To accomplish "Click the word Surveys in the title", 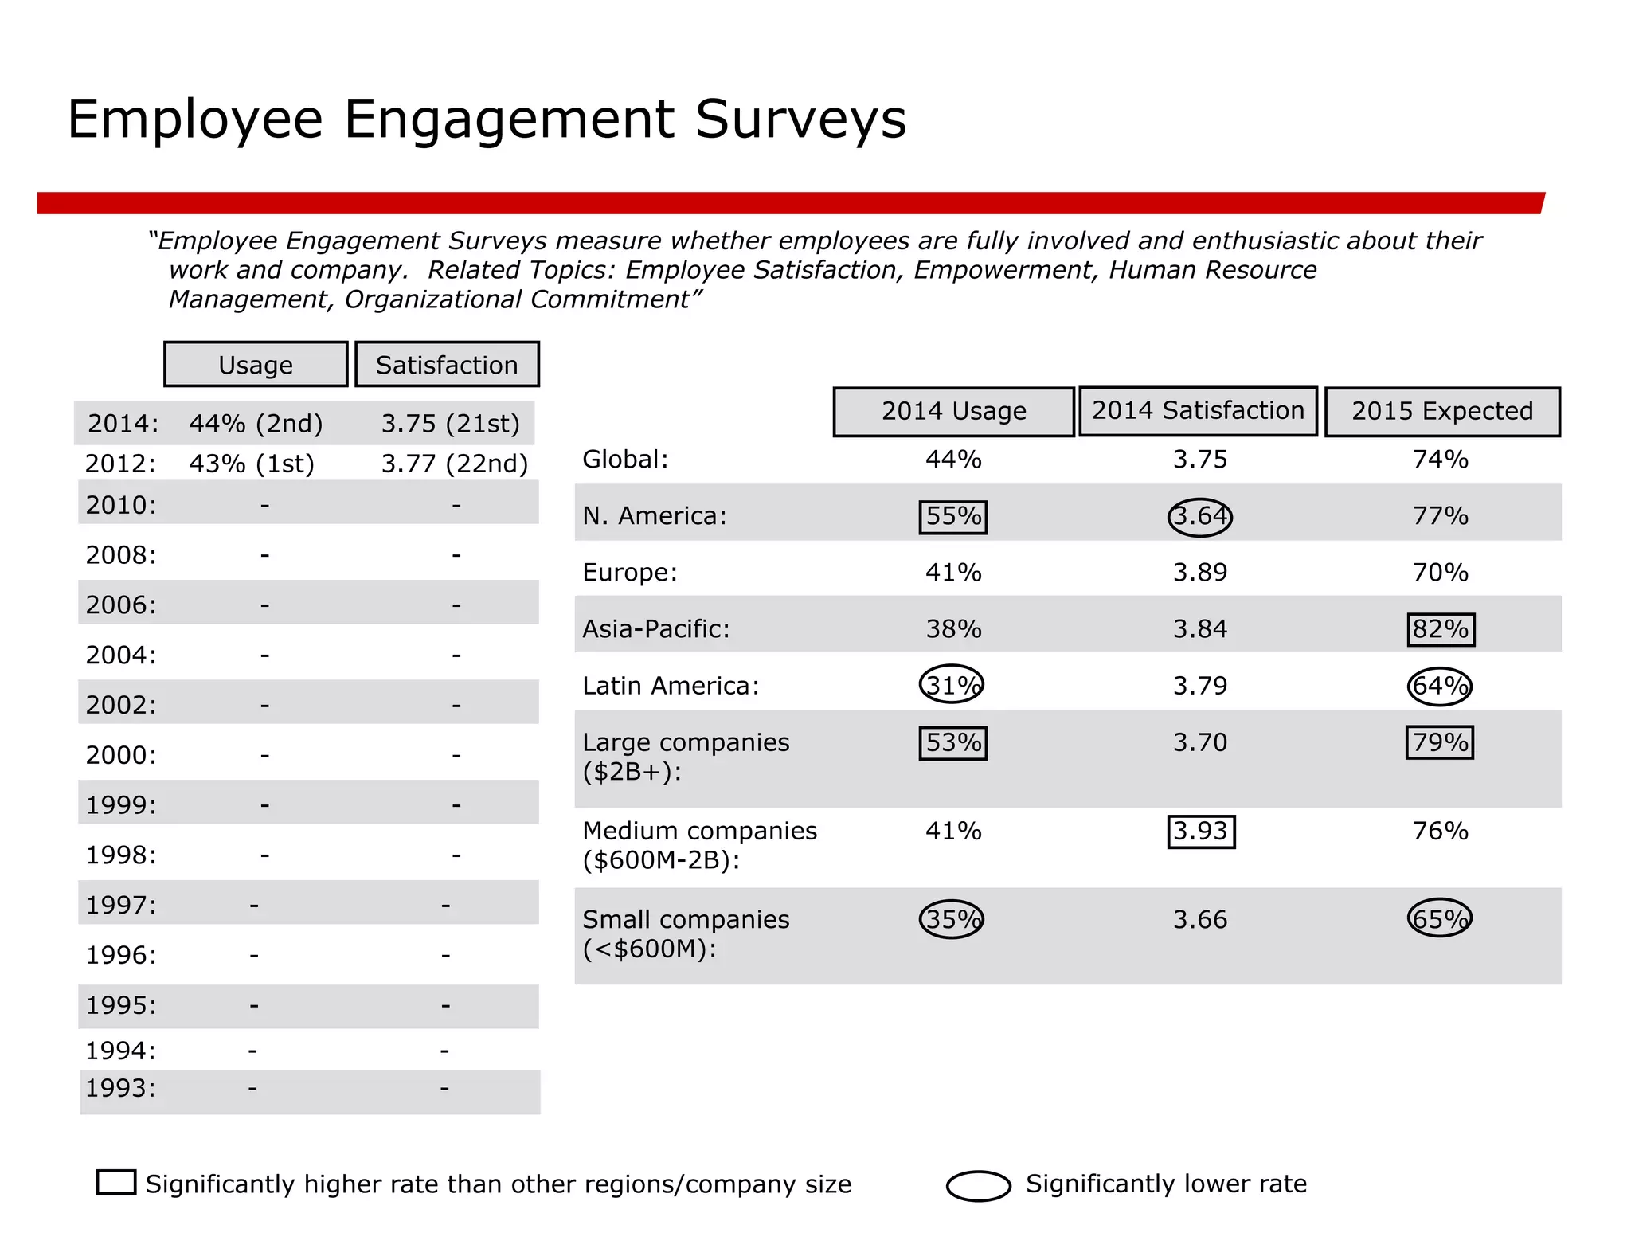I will [800, 119].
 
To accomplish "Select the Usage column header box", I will [256, 365].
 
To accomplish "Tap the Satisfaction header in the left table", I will [447, 365].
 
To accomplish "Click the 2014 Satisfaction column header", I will [1198, 411].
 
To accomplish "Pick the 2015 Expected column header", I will [1441, 412].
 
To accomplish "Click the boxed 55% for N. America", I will [953, 517].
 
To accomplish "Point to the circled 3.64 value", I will [1199, 517].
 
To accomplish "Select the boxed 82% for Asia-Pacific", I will [1440, 629].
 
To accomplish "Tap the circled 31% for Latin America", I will [952, 685].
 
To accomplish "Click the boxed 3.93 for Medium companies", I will [1201, 832].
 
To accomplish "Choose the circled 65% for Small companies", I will [1439, 919].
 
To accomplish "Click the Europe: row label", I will [629, 573].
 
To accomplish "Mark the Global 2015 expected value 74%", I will [1440, 460].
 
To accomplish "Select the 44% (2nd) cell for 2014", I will [256, 424].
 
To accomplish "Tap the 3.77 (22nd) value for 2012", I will [454, 464].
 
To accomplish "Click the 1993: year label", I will [120, 1088].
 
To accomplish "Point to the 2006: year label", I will [121, 605].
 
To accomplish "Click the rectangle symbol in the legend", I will [116, 1182].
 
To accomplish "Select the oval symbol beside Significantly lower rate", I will [978, 1186].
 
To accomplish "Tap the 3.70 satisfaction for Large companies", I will [1199, 742].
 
